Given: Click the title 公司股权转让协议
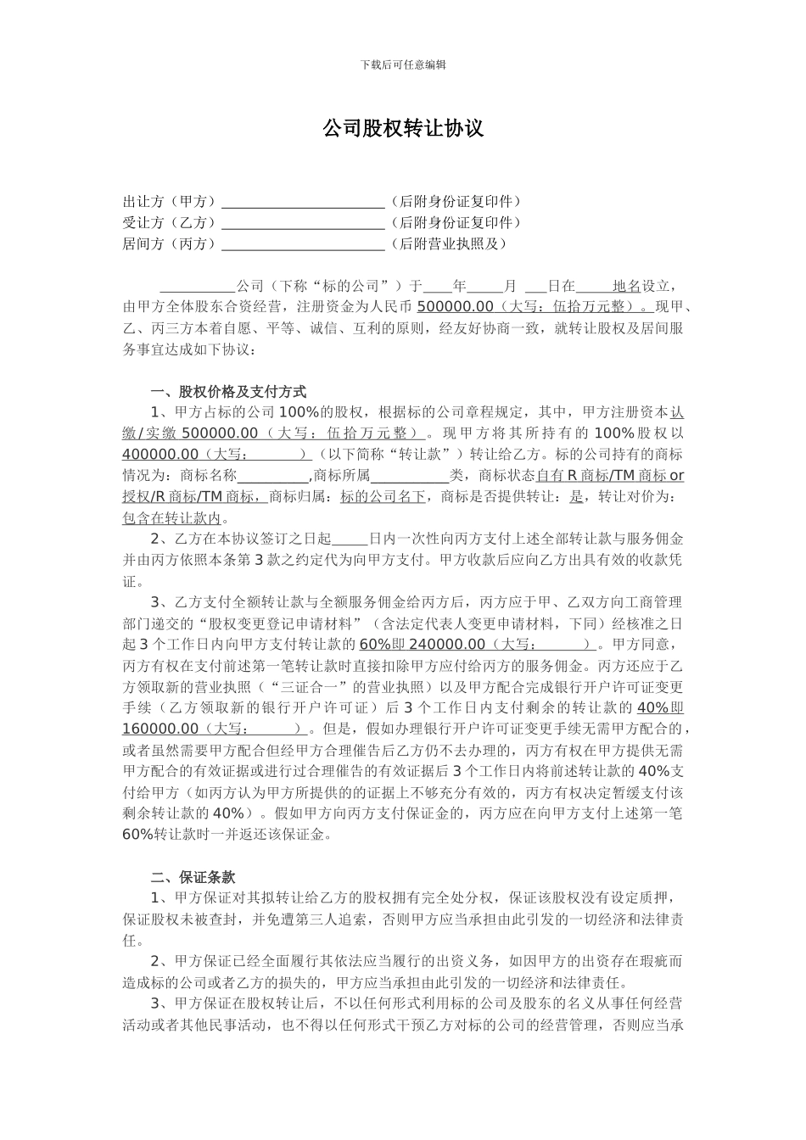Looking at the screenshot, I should (x=403, y=128).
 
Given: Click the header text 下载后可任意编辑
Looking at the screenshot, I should (x=403, y=64).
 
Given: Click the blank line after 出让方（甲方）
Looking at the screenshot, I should (x=303, y=203).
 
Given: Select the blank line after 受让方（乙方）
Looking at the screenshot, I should (x=303, y=224).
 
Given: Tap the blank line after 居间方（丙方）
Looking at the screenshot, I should (x=303, y=245).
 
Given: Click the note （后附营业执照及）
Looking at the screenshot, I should (x=447, y=244).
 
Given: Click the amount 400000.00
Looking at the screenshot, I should (x=160, y=454).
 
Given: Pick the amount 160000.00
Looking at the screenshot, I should (x=160, y=729).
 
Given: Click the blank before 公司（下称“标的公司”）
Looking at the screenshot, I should (x=198, y=287).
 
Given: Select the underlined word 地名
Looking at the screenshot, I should (x=626, y=286).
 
